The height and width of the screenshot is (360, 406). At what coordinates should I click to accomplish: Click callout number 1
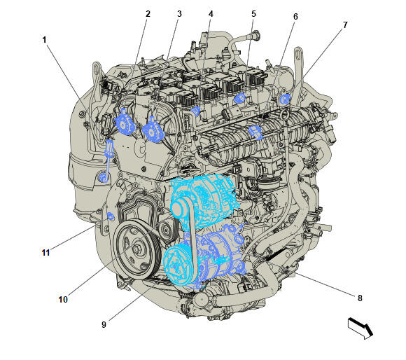[x=44, y=40]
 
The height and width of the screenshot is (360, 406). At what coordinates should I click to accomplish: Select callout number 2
[x=148, y=14]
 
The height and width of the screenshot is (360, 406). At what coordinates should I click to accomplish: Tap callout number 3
[x=179, y=14]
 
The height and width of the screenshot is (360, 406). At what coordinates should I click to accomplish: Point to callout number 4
[x=211, y=14]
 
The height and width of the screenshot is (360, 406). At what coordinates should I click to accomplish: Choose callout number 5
[x=253, y=14]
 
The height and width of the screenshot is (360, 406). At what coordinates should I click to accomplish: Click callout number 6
[x=295, y=17]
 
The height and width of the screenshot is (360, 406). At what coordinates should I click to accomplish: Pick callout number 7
[x=345, y=25]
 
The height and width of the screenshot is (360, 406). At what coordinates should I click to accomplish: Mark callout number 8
[x=360, y=298]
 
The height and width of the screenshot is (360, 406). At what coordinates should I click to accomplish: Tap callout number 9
[x=104, y=324]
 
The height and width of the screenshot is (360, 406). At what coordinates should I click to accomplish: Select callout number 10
[x=63, y=299]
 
